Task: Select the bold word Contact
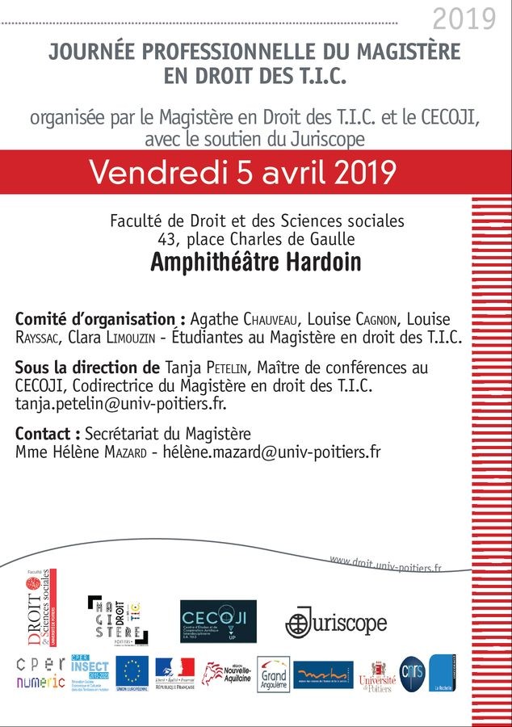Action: tap(48, 434)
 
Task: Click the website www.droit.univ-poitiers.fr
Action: tap(386, 563)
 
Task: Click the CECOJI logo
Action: tap(217, 620)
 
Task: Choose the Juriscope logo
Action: tap(335, 622)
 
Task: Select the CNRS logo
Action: tap(410, 673)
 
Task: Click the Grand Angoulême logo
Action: tap(273, 674)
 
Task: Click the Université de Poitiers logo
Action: tap(377, 675)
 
